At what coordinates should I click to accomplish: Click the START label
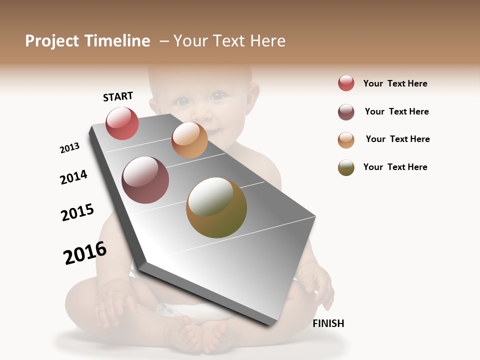pos(118,96)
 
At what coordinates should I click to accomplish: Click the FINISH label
pos(328,323)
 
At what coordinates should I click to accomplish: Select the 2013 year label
pos(69,148)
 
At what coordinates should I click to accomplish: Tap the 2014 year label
pos(73,177)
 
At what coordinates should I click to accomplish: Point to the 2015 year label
pos(77,212)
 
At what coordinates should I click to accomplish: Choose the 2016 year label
pos(85,253)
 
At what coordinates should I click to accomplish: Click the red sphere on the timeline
pos(122,123)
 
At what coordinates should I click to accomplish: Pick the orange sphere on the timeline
pos(189,140)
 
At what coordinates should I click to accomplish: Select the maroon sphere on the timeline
pos(145,180)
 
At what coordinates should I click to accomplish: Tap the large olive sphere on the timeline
pos(216,207)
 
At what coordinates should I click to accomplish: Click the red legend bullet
pos(346,83)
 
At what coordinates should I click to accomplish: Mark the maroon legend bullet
pos(346,112)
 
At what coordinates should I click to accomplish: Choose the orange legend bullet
pos(346,140)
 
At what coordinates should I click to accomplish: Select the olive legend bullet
pos(346,167)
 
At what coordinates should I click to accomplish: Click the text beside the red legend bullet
pos(395,83)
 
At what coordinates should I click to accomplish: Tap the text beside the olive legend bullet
pos(395,167)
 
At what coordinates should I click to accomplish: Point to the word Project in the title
pos(52,41)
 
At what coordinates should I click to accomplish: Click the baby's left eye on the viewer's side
pos(183,101)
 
